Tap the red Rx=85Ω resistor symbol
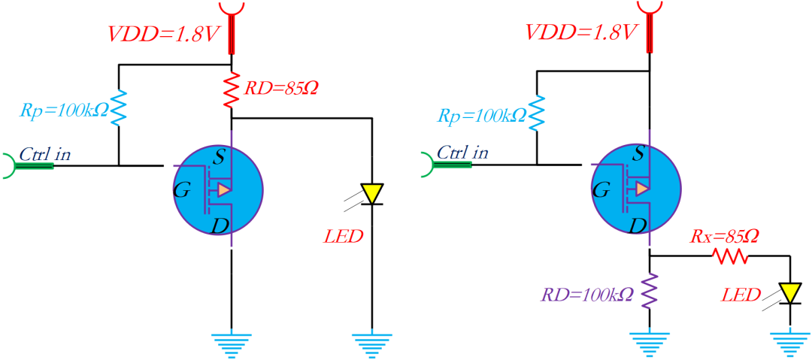click(x=732, y=257)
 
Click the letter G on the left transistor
click(x=181, y=190)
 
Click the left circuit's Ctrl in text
click(x=45, y=154)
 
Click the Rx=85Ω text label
click(x=724, y=237)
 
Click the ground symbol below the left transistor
click(x=232, y=343)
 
